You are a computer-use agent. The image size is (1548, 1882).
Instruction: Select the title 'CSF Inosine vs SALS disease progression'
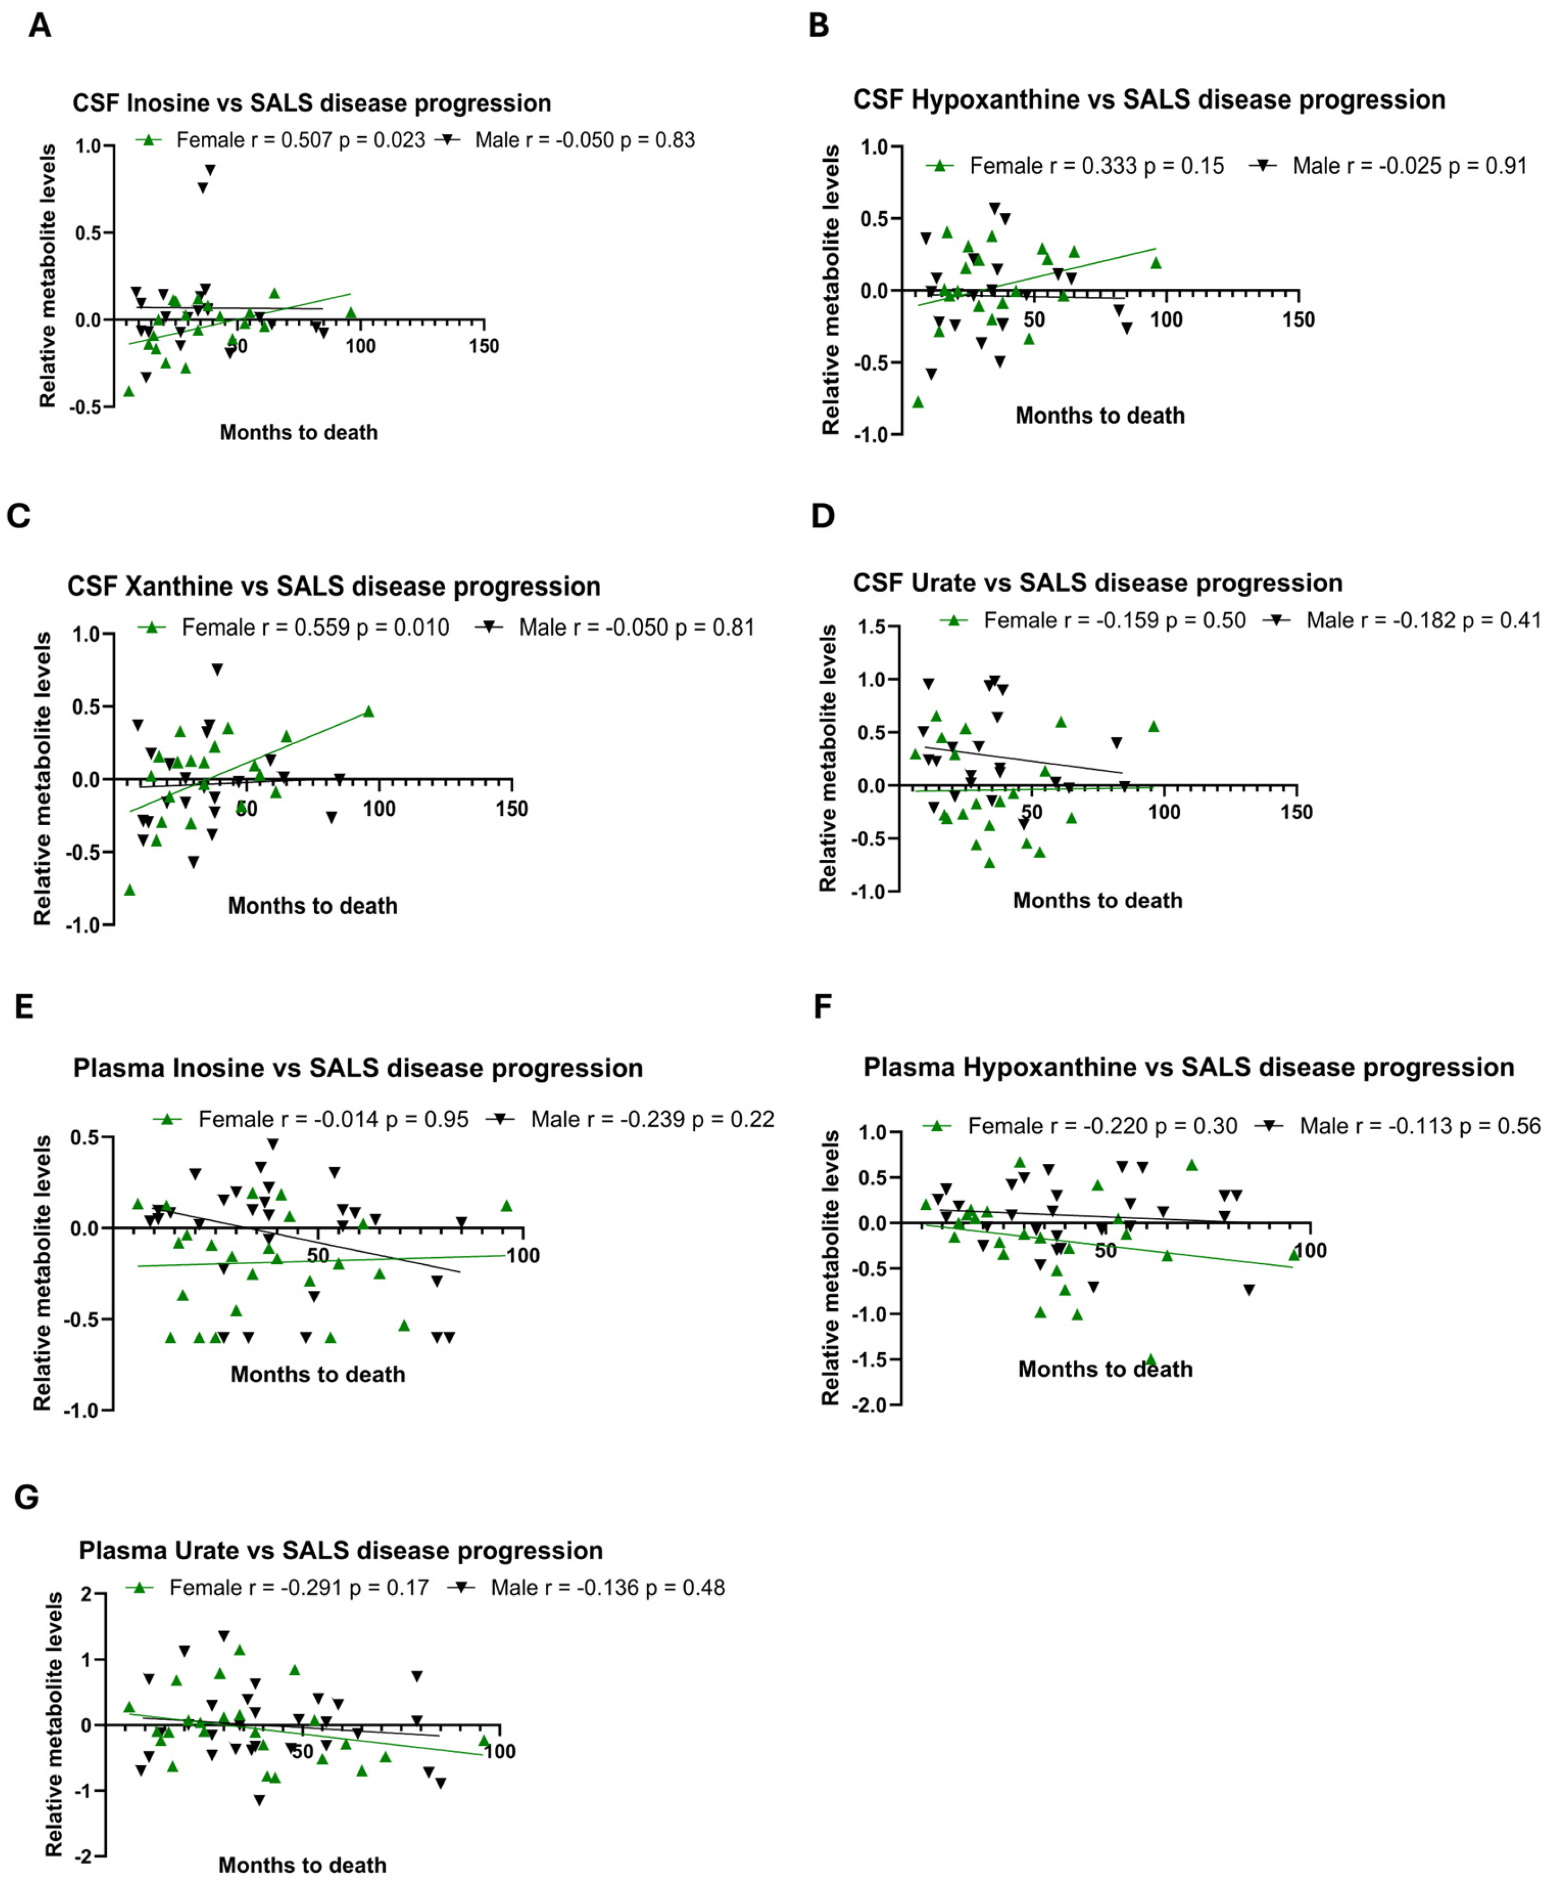pos(312,104)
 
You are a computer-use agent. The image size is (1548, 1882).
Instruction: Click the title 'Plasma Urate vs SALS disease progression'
pos(341,1550)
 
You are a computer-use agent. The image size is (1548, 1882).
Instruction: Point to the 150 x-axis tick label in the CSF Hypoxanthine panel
pos(1298,319)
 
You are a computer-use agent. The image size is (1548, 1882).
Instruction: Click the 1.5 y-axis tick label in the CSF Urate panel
pos(872,627)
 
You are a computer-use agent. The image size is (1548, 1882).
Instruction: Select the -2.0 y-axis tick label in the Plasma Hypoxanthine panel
pos(870,1405)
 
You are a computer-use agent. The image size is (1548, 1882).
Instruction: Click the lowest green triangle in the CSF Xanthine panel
pos(129,889)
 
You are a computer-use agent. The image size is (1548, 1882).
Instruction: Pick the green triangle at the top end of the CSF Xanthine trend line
pos(368,712)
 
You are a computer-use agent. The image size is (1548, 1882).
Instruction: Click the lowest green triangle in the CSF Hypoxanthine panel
pos(918,402)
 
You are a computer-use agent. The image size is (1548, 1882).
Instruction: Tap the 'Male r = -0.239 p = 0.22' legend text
pos(653,1119)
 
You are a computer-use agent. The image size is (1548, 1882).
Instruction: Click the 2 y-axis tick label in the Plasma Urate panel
pos(86,1594)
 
